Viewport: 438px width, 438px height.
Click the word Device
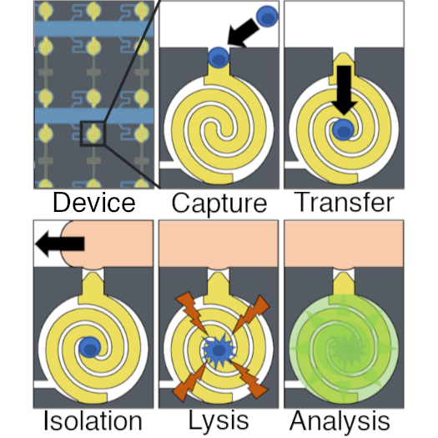[x=94, y=203]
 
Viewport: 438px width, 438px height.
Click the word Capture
[x=219, y=204]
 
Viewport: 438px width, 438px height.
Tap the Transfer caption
[x=345, y=202]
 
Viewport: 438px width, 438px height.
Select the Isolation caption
[x=93, y=420]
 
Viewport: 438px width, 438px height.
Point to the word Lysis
[x=219, y=420]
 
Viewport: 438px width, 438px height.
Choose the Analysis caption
[x=340, y=420]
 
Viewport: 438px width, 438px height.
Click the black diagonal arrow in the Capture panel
[x=243, y=33]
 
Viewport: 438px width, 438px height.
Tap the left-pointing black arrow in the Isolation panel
[x=60, y=244]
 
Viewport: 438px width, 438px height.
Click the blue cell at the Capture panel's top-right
[x=267, y=17]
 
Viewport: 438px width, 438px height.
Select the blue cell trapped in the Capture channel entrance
[x=219, y=58]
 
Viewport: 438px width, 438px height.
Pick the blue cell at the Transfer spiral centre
[x=343, y=129]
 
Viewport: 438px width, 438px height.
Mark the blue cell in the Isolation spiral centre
[x=89, y=348]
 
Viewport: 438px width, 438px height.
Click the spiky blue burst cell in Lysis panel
[x=219, y=350]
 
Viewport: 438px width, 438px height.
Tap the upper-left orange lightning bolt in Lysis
[x=192, y=313]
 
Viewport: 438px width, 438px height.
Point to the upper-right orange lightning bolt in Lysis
[x=251, y=314]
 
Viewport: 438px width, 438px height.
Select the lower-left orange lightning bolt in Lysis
[x=190, y=381]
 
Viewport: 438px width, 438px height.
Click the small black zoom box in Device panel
[x=93, y=133]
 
